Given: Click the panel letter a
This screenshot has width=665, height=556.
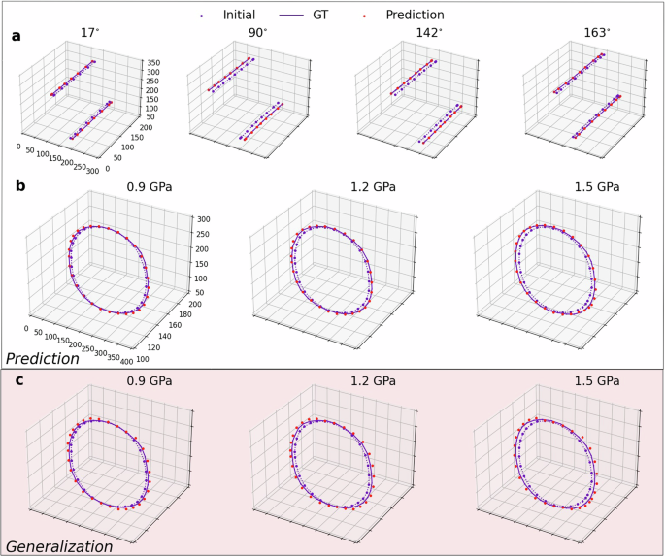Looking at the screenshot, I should click(16, 36).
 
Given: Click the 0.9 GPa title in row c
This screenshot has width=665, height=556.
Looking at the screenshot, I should click(149, 380).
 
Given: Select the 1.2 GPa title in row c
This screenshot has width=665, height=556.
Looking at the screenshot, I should click(372, 380).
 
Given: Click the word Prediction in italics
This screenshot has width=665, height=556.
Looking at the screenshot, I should click(43, 358).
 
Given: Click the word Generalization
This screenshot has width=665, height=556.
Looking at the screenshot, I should click(59, 546).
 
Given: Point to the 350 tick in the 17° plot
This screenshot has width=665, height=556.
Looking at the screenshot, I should click(153, 63).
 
